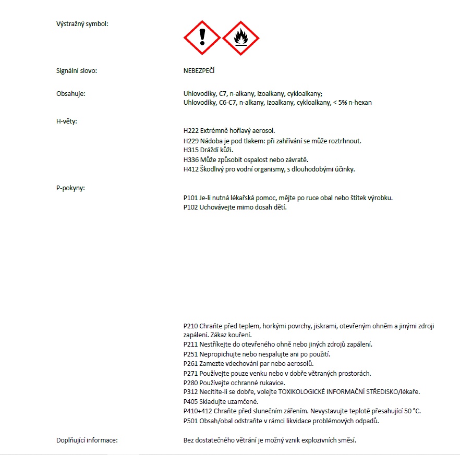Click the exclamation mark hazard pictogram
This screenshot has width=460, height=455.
(202, 38)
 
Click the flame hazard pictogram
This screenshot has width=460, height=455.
(240, 38)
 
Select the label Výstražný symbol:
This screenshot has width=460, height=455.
(82, 23)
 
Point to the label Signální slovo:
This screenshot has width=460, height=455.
(77, 70)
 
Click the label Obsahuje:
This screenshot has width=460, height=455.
(71, 93)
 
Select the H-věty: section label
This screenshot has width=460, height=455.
(67, 121)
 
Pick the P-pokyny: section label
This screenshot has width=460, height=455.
(70, 188)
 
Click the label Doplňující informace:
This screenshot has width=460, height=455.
(87, 440)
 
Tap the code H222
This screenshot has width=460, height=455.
(191, 131)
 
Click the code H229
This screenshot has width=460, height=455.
(191, 141)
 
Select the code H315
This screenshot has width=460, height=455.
(191, 150)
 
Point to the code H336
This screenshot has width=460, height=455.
(191, 159)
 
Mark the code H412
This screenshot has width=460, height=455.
(191, 169)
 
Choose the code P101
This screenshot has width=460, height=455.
(191, 198)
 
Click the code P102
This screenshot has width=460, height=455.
(191, 207)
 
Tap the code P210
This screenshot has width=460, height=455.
(191, 326)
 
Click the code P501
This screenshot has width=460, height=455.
(191, 421)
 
